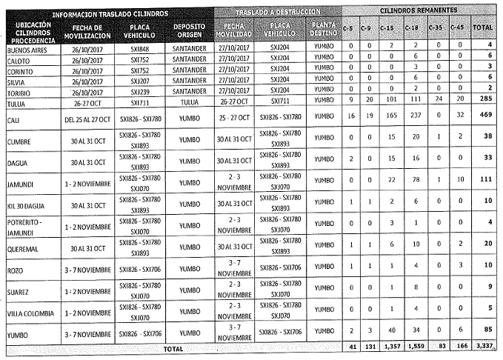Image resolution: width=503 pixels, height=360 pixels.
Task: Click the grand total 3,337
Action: [x=484, y=347]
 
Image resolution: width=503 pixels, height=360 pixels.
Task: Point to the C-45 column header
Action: [x=459, y=27]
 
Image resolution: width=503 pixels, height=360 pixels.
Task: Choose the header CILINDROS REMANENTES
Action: [x=419, y=13]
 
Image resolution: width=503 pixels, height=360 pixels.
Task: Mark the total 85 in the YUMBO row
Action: [x=487, y=328]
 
